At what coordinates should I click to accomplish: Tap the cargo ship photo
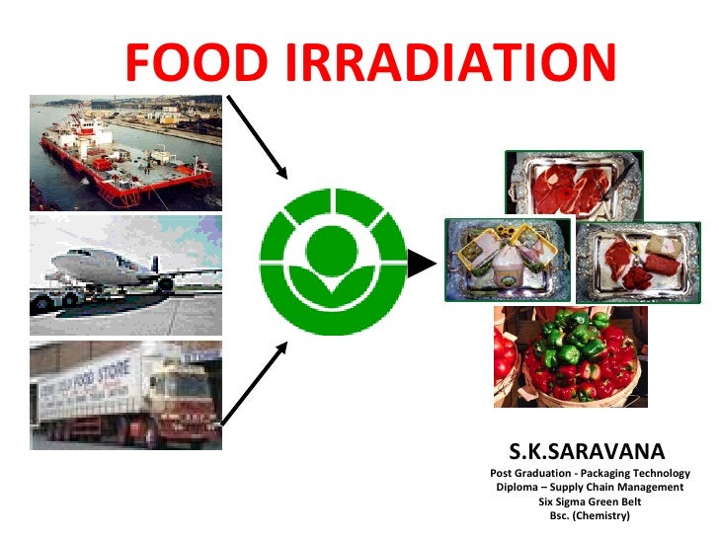point(125,152)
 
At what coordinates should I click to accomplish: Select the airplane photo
point(125,274)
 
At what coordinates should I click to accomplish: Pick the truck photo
point(125,395)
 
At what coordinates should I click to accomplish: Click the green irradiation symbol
point(332,261)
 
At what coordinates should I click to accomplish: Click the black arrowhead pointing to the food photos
point(422,264)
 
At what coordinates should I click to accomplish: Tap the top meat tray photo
point(574,184)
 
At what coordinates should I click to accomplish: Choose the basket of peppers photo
point(570,356)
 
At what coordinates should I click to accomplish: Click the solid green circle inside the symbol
point(332,251)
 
